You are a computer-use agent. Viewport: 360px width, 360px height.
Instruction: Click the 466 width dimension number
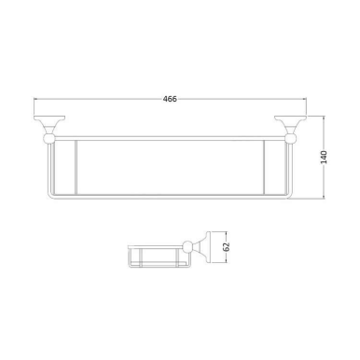click(x=170, y=98)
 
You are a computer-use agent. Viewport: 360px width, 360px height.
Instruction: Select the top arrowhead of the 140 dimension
click(x=326, y=119)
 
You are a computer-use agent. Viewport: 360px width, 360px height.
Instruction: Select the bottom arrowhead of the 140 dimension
click(x=326, y=199)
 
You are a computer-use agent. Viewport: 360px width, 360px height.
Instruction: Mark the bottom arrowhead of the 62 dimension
click(x=216, y=264)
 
